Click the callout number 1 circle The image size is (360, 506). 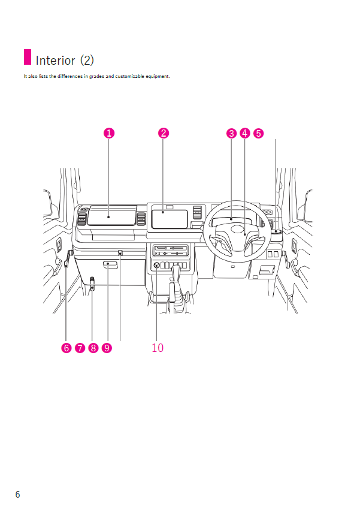pyautogui.click(x=108, y=134)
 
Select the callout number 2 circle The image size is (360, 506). pyautogui.click(x=163, y=134)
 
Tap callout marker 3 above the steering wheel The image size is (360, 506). pyautogui.click(x=232, y=134)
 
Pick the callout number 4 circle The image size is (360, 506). pyautogui.click(x=245, y=134)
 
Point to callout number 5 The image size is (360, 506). pyautogui.click(x=258, y=134)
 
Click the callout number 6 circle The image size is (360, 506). pyautogui.click(x=66, y=348)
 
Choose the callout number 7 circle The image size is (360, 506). pyautogui.click(x=79, y=348)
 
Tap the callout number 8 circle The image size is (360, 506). pyautogui.click(x=93, y=348)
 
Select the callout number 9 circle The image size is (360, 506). pyautogui.click(x=107, y=348)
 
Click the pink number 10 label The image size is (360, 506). pyautogui.click(x=158, y=348)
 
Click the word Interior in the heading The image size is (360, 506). pyautogui.click(x=56, y=61)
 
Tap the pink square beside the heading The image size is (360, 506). pyautogui.click(x=27, y=58)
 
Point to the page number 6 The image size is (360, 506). pyautogui.click(x=17, y=494)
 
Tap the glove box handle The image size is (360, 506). pyautogui.click(x=110, y=264)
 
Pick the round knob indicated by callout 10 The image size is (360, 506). pyautogui.click(x=156, y=266)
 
